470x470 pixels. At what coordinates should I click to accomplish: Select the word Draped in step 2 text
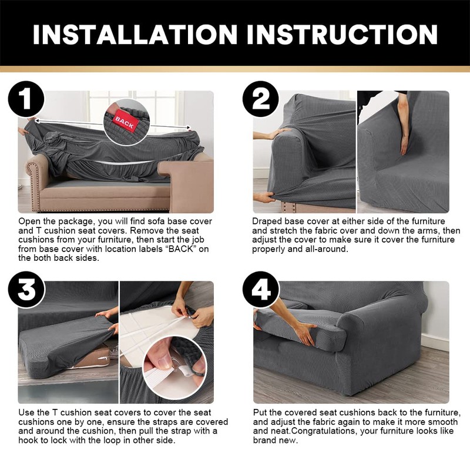[268, 221]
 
